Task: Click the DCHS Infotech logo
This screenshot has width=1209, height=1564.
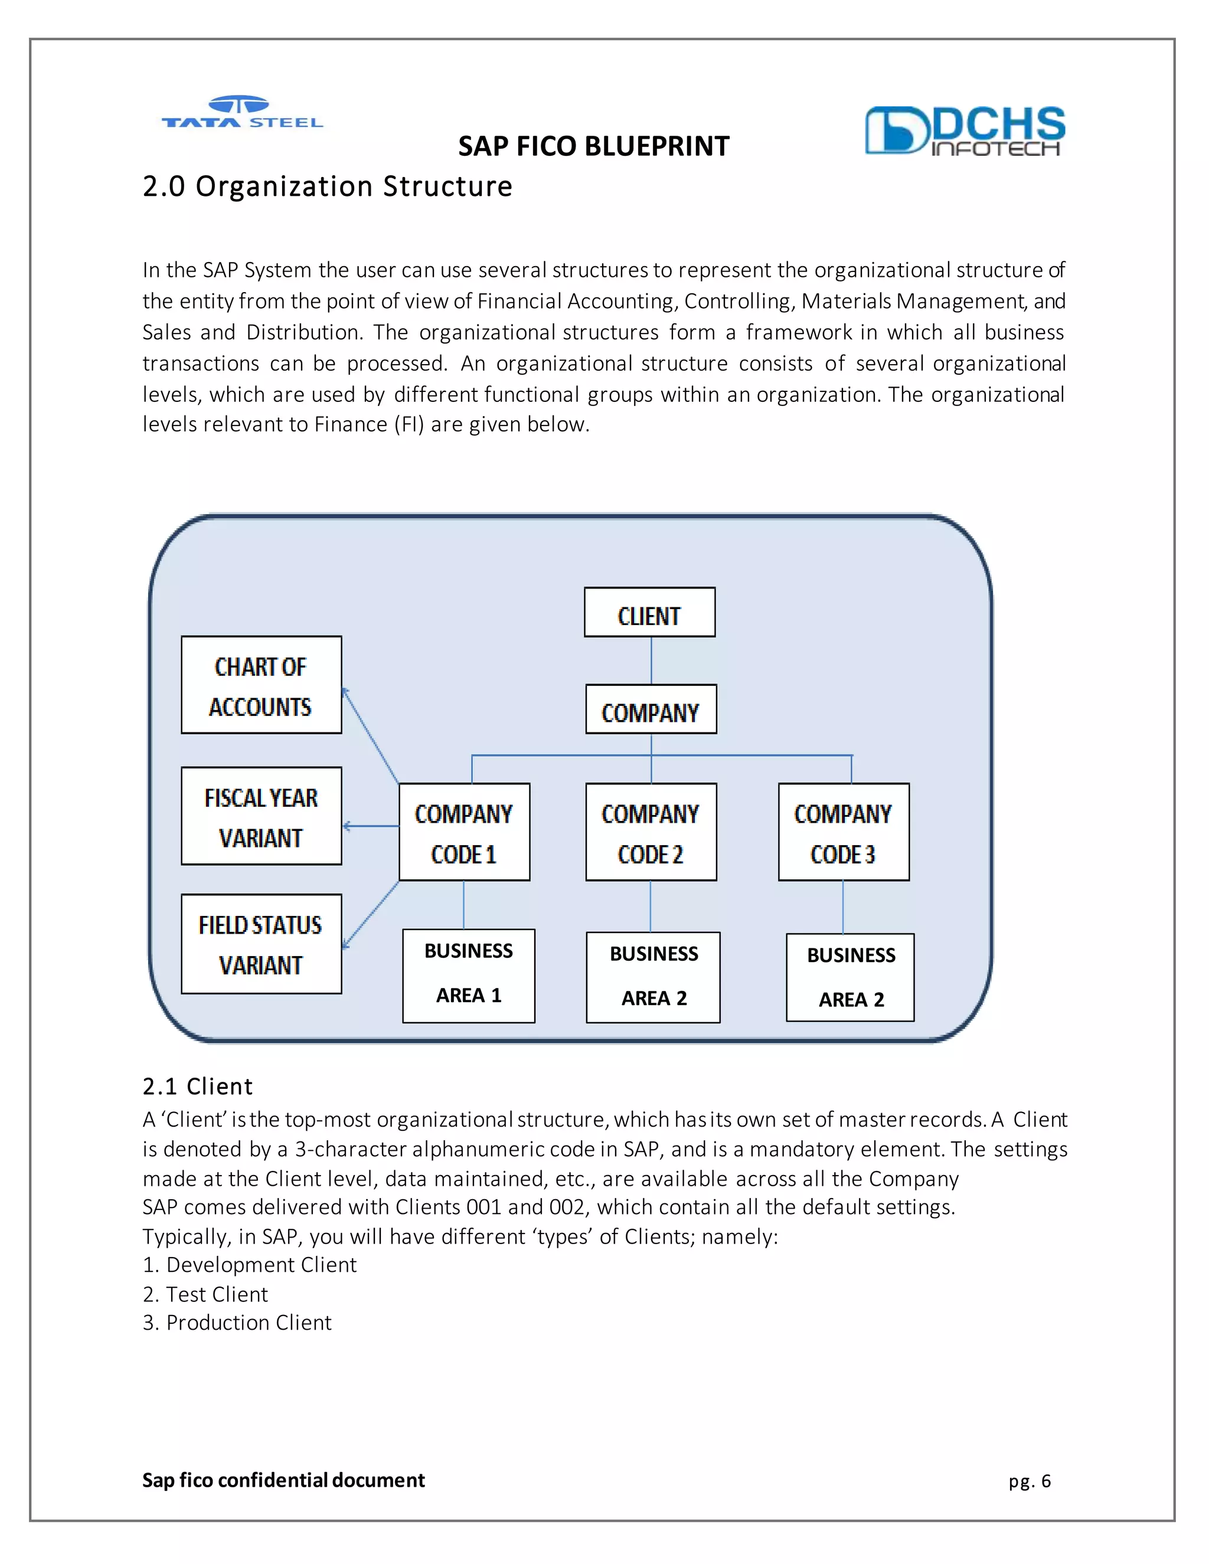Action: tap(964, 131)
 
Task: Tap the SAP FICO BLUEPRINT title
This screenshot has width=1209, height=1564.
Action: tap(593, 147)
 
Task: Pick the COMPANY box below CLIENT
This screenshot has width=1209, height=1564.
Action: tap(651, 709)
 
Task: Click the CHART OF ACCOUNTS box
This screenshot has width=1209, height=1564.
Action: tap(261, 685)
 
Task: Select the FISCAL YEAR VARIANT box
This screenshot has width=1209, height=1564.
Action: tap(261, 816)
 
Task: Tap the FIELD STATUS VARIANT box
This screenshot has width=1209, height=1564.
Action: tap(261, 944)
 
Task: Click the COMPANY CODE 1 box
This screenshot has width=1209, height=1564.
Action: tap(464, 832)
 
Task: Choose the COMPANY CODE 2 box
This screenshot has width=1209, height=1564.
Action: tap(651, 832)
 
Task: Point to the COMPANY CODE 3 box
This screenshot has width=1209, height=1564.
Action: tap(843, 832)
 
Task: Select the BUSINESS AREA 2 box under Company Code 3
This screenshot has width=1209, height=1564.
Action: tap(850, 977)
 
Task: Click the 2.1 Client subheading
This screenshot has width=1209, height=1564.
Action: tap(197, 1087)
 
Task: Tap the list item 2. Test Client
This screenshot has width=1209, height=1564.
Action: tap(205, 1295)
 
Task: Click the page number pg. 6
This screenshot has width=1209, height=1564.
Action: tap(1029, 1481)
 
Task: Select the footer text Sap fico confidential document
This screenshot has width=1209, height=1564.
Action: tap(283, 1480)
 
